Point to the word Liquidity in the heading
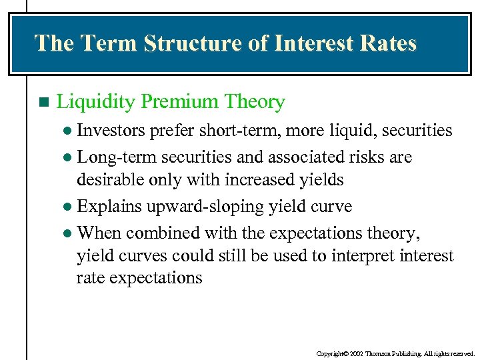(97, 102)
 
